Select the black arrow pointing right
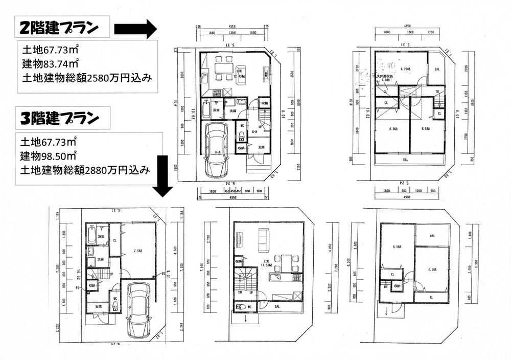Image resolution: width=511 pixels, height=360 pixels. coord(135,29)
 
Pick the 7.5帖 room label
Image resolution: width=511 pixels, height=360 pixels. coord(137,251)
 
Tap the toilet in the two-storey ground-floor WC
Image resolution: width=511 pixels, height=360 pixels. coord(242,136)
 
